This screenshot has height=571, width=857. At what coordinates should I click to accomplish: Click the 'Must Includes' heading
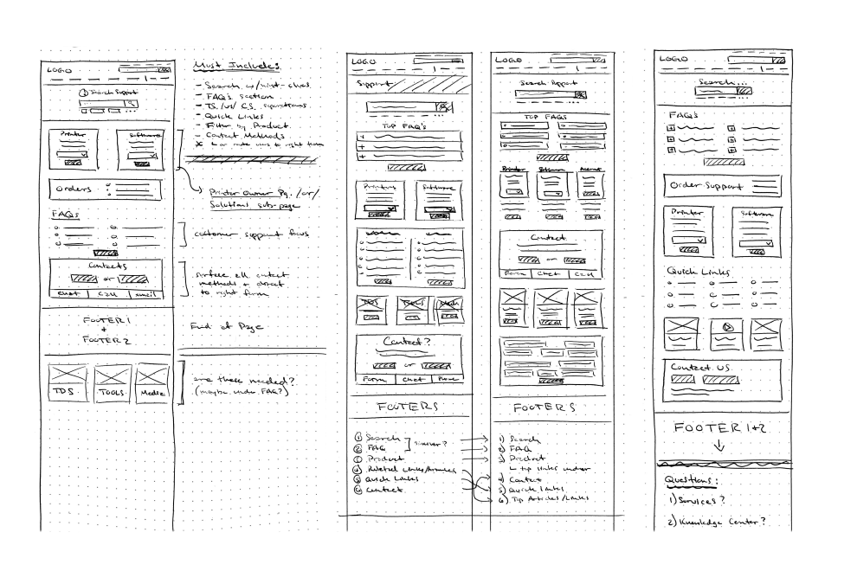[236, 67]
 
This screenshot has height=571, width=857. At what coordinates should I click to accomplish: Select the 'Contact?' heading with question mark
[407, 343]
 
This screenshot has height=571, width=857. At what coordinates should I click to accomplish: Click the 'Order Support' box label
[703, 186]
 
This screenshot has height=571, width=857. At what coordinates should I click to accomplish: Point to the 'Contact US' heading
[700, 368]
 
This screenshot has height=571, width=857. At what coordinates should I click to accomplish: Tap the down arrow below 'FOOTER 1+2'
[718, 446]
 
